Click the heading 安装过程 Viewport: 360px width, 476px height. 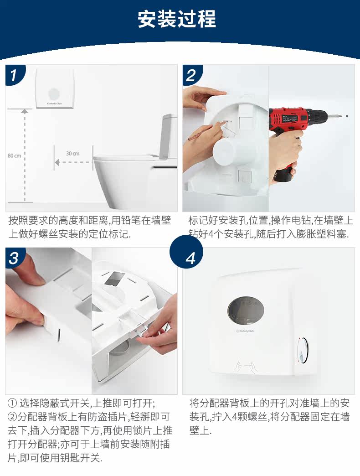pos(176,19)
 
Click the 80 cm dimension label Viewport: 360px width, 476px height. pos(15,156)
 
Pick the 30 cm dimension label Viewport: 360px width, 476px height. pos(73,154)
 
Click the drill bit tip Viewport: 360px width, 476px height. pos(347,116)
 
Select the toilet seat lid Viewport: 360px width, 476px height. pos(125,158)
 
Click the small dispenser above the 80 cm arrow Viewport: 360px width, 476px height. pos(55,88)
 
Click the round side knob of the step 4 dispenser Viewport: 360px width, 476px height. pos(303,350)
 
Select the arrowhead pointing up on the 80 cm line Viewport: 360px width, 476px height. pos(25,111)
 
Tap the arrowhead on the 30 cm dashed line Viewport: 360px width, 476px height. pos(57,162)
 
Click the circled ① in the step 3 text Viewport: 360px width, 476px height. pos(12,404)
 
